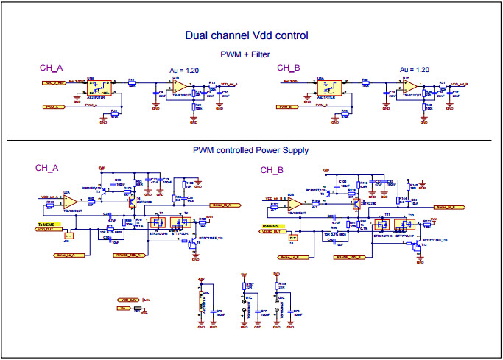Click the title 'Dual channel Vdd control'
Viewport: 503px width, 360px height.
point(247,35)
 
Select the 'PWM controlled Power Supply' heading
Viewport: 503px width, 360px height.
point(250,150)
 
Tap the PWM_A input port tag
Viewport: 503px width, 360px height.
point(52,107)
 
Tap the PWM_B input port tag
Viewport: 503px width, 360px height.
point(288,107)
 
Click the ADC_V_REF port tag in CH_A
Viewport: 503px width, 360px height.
point(54,82)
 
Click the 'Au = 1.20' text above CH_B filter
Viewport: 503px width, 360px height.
point(413,69)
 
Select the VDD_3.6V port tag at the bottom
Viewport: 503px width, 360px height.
point(130,300)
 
